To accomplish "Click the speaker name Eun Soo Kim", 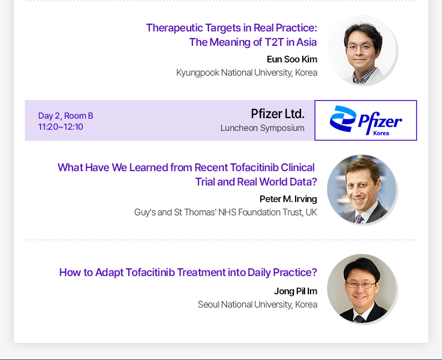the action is coord(292,60).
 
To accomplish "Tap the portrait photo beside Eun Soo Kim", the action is coord(362,50).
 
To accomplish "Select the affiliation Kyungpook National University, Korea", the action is coord(246,73).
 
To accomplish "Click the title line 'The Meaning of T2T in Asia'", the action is coord(253,43).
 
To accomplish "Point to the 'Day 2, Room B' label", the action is coord(66,116).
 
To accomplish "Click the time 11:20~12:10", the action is coord(61,127).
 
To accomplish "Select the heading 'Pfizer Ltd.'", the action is coord(278,114).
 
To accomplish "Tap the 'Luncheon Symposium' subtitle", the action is coord(262,128).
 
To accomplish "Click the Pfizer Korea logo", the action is coord(366,120).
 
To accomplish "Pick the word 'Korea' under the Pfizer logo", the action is coord(381,133).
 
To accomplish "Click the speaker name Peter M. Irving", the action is coord(288,199).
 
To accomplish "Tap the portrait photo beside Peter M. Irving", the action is coord(362,189).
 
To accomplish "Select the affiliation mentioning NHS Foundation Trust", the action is coord(225,213).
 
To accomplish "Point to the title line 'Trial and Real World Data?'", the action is coord(256,182).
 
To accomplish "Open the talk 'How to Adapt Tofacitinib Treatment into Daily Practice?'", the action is coord(188,273).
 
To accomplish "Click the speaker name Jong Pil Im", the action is coord(296,292).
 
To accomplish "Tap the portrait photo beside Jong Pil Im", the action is coord(362,289).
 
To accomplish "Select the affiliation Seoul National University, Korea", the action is coord(257,304).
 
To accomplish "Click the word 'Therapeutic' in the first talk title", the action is coord(175,28).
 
